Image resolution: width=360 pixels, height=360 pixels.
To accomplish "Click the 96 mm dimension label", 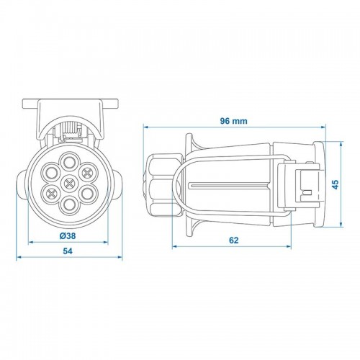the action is pos(233,121).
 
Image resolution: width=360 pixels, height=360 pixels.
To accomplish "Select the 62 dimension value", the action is pos(234,240).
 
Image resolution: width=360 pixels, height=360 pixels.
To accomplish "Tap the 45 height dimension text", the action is pos(336,184).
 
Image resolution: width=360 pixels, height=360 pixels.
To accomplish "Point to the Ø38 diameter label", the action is pos(68,236).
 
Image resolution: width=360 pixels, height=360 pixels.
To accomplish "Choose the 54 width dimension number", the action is pos(68,251).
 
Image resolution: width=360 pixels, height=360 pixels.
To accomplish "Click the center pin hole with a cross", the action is pos(69,184).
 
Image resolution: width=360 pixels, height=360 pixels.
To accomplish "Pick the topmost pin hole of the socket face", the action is pos(69,163).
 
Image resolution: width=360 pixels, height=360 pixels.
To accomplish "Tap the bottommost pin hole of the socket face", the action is pos(69,205).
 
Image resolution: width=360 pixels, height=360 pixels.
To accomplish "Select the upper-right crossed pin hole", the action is pos(88,172).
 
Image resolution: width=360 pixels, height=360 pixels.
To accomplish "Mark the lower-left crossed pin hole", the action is pos(51,194).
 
